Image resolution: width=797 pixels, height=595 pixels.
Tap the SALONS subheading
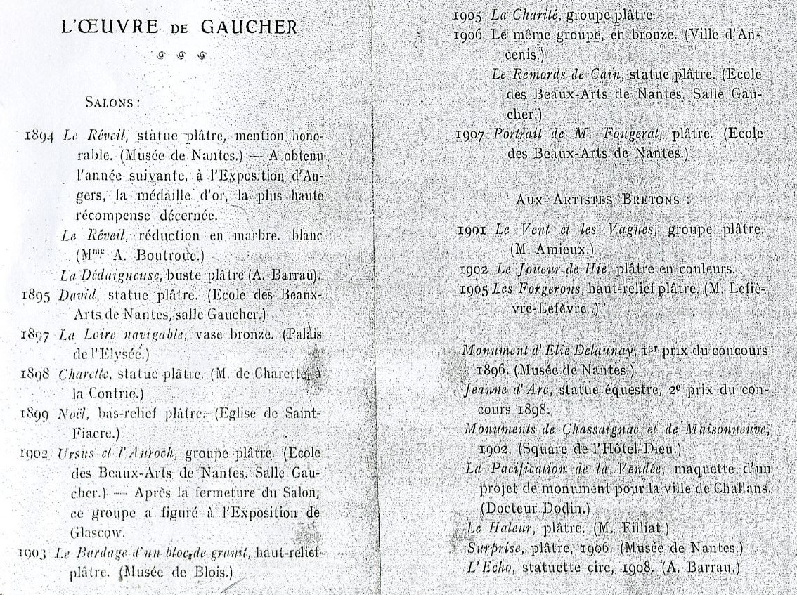pyautogui.click(x=112, y=102)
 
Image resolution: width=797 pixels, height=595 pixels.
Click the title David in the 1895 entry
pyautogui.click(x=77, y=295)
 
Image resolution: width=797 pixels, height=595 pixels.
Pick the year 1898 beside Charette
pyautogui.click(x=38, y=374)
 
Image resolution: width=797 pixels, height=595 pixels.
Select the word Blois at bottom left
pyautogui.click(x=205, y=572)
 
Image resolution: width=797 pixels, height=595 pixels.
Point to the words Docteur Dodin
pyautogui.click(x=535, y=507)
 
